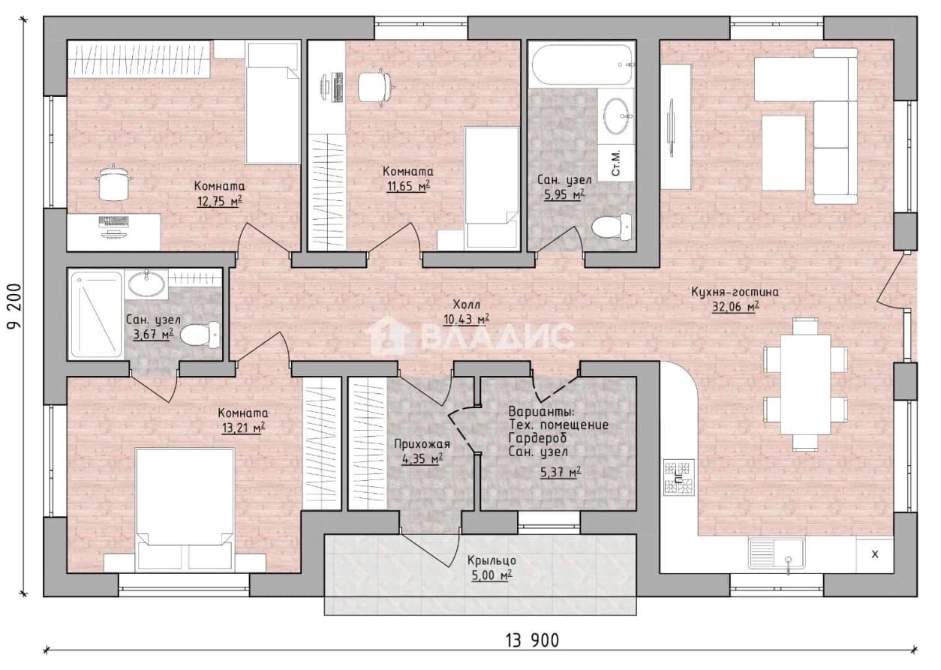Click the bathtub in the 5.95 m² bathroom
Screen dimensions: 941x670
(582, 65)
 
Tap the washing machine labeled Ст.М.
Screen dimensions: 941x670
(616, 164)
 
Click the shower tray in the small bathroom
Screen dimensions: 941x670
(96, 314)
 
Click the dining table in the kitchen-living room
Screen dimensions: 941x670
(805, 384)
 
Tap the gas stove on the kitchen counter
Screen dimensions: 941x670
(678, 478)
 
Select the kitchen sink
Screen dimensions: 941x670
(777, 554)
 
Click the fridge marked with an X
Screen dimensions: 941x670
(875, 554)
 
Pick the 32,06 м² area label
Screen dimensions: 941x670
(735, 307)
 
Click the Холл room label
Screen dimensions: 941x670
(466, 304)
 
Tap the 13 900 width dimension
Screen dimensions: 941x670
(532, 641)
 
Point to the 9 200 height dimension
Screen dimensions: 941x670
(15, 306)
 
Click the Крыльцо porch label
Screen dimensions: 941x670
(492, 560)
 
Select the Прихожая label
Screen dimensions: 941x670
(422, 443)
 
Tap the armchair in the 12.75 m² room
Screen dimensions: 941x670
(113, 184)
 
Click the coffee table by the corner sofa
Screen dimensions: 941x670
(783, 153)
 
